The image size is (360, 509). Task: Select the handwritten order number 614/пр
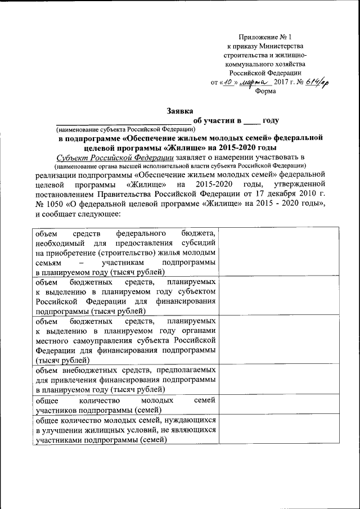pyautogui.click(x=318, y=82)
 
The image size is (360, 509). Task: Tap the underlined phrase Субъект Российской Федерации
pyautogui.click(x=115, y=156)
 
